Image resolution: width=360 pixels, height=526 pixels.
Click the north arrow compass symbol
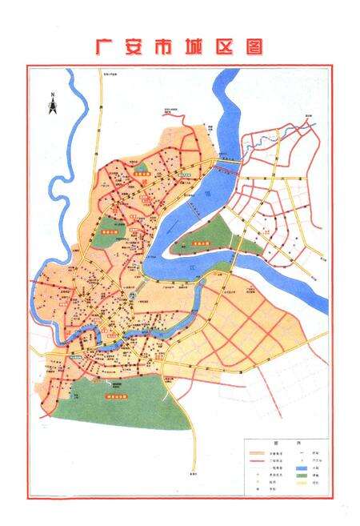[50, 104]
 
